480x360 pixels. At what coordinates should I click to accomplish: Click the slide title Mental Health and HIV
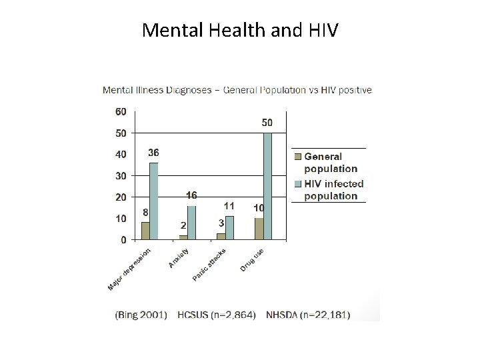(240, 30)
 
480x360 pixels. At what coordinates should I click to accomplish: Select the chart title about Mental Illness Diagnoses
(237, 90)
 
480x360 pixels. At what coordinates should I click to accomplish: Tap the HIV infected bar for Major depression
(154, 201)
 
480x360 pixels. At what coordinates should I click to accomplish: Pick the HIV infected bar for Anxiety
(191, 222)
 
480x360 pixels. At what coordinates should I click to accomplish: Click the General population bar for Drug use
(259, 228)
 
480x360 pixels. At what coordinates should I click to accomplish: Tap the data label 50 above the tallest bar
(267, 123)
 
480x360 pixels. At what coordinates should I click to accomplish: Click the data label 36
(153, 153)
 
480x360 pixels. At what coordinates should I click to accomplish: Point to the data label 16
(191, 195)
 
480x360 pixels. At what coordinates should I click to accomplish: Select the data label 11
(229, 206)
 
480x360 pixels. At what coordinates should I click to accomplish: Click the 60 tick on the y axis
(121, 112)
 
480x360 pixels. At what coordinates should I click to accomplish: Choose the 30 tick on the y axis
(121, 176)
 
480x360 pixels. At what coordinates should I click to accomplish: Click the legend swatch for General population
(298, 157)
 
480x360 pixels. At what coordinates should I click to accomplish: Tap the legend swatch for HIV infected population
(298, 184)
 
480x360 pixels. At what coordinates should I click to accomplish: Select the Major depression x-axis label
(129, 270)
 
